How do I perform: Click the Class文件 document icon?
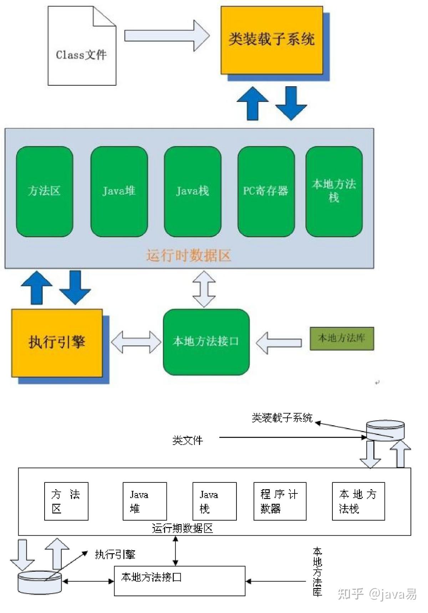point(82,46)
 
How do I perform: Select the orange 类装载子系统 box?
point(272,40)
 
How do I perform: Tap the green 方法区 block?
point(45,191)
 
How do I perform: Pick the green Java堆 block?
point(119,191)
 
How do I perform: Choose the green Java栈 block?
point(193,191)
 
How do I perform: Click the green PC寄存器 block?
point(266,191)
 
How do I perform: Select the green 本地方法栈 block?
point(334,191)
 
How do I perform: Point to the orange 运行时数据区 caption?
point(188,255)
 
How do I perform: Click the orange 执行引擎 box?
point(57,343)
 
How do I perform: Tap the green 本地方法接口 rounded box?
point(206,342)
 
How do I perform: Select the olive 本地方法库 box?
point(341,338)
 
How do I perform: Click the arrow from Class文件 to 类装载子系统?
point(166,36)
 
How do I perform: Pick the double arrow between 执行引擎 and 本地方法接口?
point(136,342)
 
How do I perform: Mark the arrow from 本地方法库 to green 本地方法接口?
point(279,343)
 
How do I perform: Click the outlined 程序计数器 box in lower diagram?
point(280,501)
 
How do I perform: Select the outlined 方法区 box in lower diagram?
point(66,501)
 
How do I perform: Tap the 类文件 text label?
point(188,440)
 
